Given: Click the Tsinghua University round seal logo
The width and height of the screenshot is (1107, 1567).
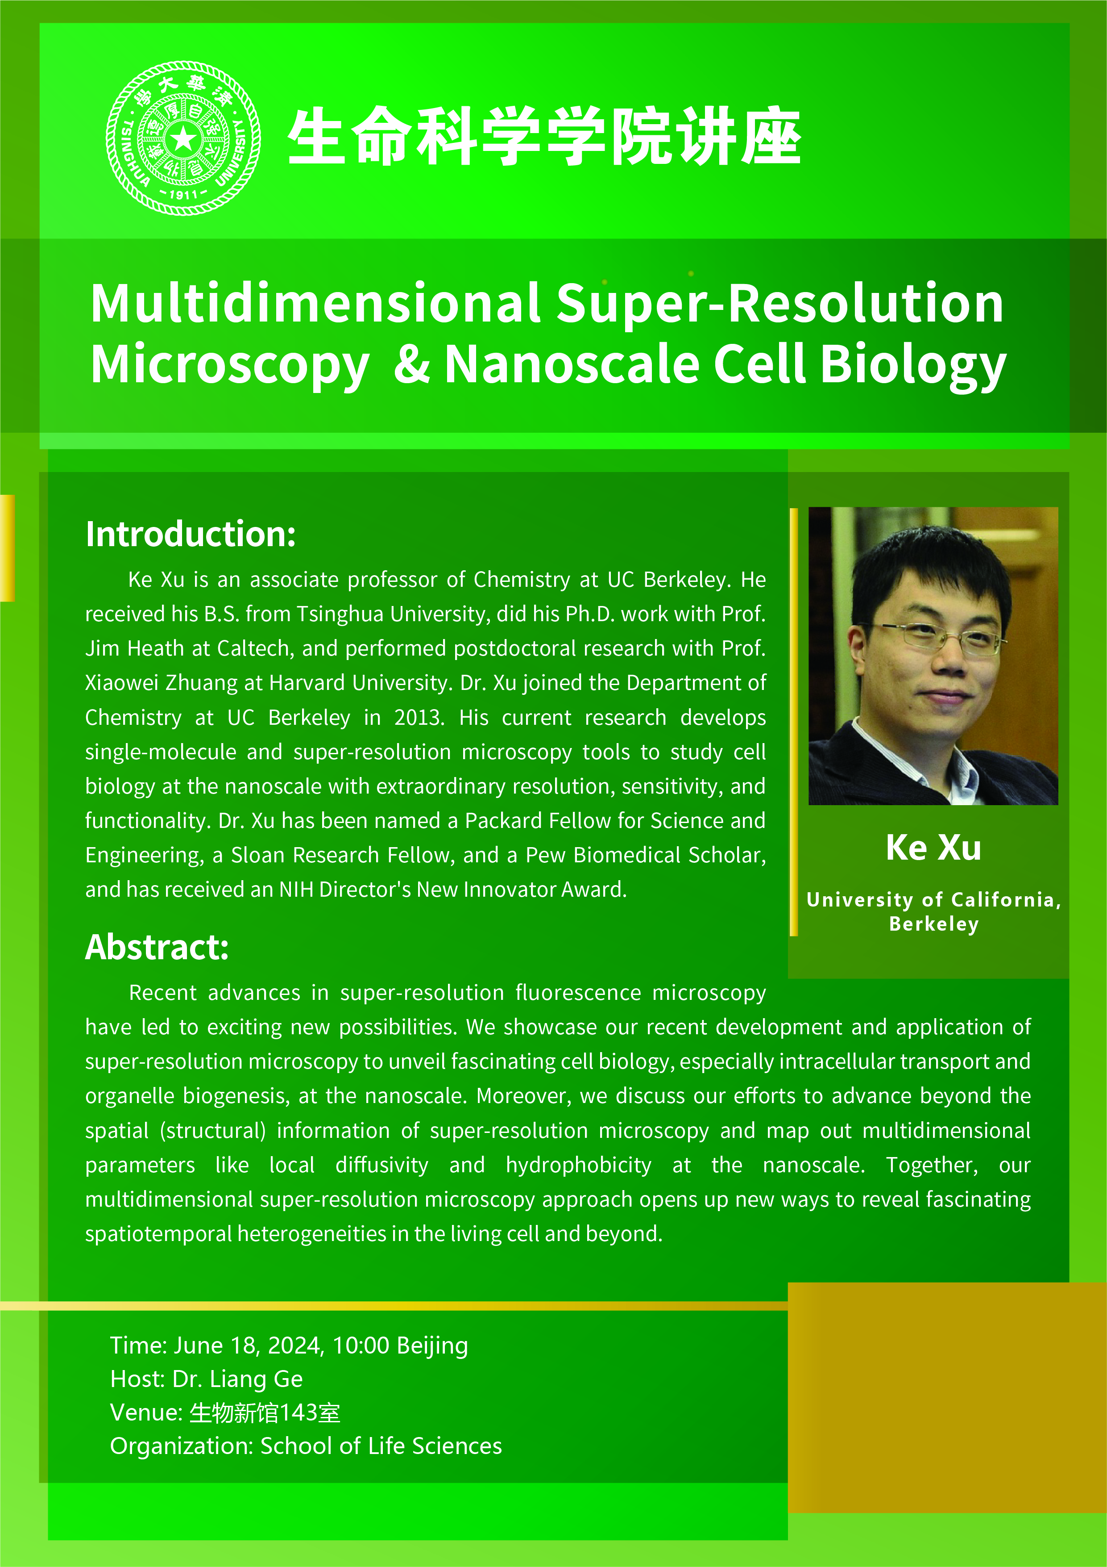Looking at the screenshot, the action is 183,138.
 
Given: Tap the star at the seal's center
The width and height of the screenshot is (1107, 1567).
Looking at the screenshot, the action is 183,139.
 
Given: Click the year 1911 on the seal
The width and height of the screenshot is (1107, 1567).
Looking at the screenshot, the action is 183,195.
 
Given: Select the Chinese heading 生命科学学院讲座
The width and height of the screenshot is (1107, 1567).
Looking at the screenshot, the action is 544,137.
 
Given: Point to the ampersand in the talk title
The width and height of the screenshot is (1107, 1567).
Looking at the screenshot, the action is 412,363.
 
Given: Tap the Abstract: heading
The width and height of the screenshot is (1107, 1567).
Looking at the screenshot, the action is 157,947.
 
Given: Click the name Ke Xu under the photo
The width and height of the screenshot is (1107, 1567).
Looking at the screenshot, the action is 933,848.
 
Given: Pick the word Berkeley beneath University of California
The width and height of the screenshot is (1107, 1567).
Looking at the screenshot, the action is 934,924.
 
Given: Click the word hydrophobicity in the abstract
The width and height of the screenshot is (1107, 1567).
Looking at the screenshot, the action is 578,1165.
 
